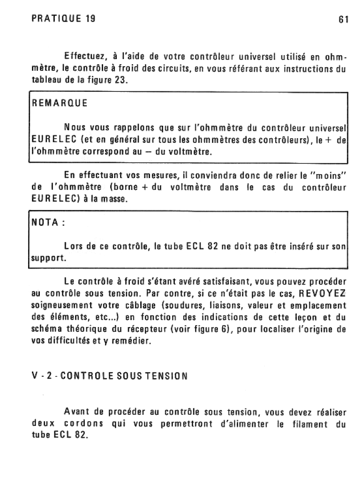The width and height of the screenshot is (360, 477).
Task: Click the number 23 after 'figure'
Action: (x=121, y=80)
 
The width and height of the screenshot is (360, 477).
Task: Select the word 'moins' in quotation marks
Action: (x=329, y=176)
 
